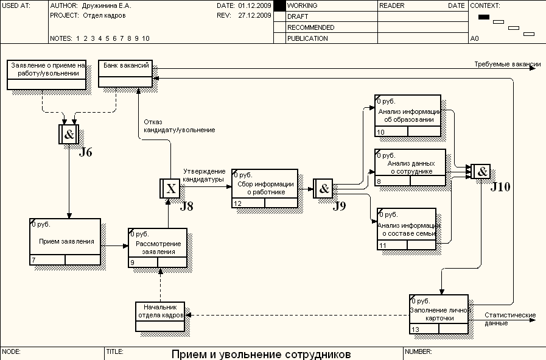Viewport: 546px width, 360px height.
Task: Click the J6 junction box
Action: pyautogui.click(x=69, y=134)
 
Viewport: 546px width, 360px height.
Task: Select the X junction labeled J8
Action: pyautogui.click(x=170, y=189)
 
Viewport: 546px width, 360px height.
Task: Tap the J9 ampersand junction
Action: pyautogui.click(x=324, y=188)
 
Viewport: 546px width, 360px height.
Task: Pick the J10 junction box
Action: pyautogui.click(x=481, y=172)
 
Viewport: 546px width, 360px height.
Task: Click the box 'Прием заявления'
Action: pyautogui.click(x=66, y=242)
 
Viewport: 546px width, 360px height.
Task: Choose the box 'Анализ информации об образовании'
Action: pyautogui.click(x=408, y=115)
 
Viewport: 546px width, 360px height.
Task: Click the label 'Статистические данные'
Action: pyautogui.click(x=509, y=319)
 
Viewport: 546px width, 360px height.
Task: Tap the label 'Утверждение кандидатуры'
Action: pyautogui.click(x=204, y=175)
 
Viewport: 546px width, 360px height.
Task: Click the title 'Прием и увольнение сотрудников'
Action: pyautogui.click(x=261, y=354)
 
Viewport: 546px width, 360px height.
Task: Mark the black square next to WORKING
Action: pyautogui.click(x=279, y=5)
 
